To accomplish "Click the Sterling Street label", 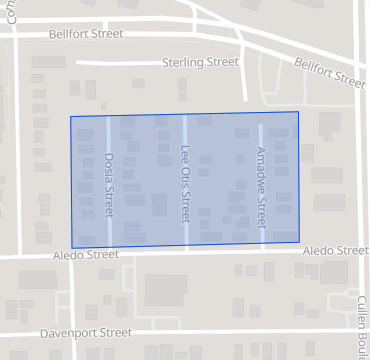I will point(200,62).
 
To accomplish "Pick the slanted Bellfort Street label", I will point(329,71).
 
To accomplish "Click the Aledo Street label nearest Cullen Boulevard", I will point(335,250).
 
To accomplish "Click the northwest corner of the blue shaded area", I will point(70,117).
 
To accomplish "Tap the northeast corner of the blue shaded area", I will point(298,112).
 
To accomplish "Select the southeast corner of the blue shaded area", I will point(299,242).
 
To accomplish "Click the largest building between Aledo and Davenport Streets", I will point(165,291).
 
